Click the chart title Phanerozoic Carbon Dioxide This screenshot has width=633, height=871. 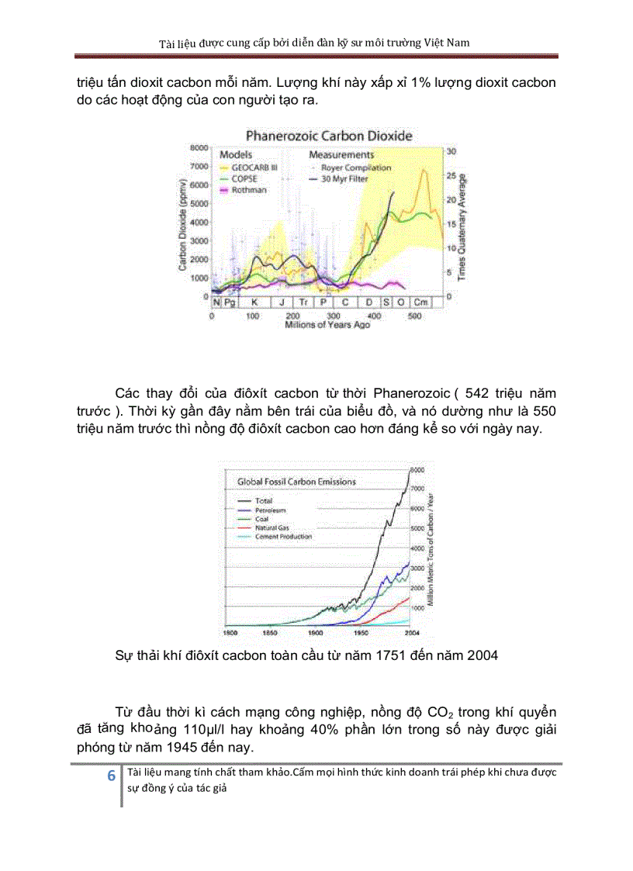tap(329, 136)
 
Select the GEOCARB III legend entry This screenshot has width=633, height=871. tap(254, 168)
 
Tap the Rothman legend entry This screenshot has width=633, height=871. tap(249, 189)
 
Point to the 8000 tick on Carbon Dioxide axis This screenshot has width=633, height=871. tap(199, 147)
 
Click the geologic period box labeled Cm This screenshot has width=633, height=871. tap(420, 302)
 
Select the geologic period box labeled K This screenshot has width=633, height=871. tap(254, 302)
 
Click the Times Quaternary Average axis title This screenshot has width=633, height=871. tap(461, 226)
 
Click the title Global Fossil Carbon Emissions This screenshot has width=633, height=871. tap(296, 482)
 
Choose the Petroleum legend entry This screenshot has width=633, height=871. tap(271, 510)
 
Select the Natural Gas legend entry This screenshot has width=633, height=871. tap(273, 527)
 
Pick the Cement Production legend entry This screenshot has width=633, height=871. tap(283, 536)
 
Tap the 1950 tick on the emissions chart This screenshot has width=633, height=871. tap(361, 632)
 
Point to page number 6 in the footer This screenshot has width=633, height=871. tap(110, 776)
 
